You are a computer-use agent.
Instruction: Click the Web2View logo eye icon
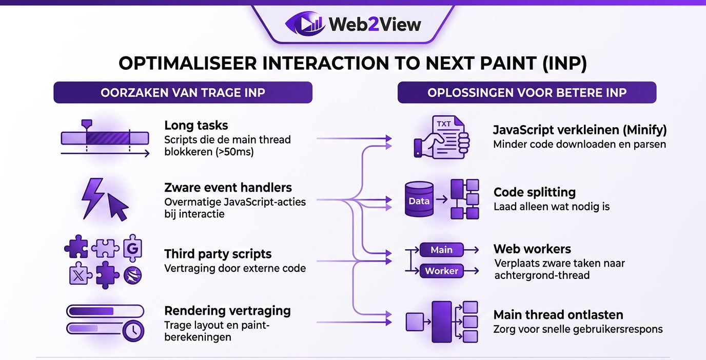(305, 24)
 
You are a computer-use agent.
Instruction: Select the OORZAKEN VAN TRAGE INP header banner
(183, 93)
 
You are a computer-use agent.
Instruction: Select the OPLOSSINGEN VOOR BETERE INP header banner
(527, 93)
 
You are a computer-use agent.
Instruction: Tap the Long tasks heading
(196, 125)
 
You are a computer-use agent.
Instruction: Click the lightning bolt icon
(93, 198)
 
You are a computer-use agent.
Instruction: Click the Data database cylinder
(419, 201)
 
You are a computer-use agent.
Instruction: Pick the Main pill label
(441, 250)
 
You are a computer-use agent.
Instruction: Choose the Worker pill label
(441, 271)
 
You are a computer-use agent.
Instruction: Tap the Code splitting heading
(534, 192)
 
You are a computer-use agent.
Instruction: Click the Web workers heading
(532, 249)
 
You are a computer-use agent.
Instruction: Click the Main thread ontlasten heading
(558, 314)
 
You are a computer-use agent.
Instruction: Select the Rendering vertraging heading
(227, 311)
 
